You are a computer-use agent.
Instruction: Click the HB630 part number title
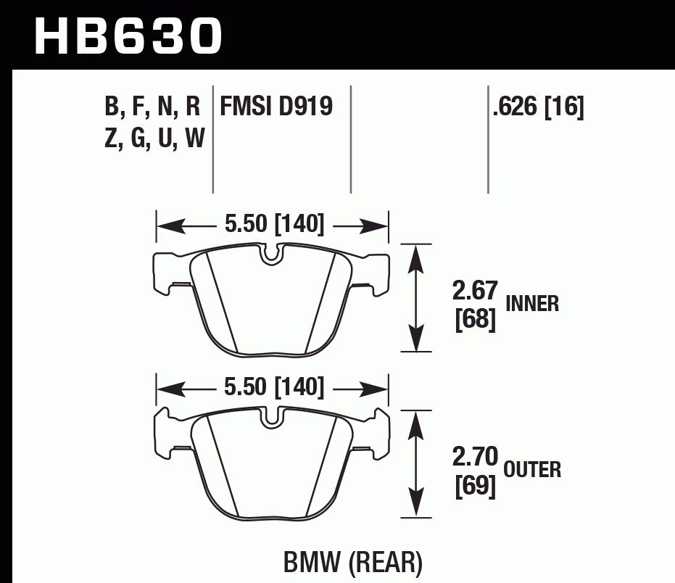click(128, 36)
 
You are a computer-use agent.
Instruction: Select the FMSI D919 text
click(276, 107)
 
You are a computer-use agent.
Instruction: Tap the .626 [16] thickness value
click(537, 107)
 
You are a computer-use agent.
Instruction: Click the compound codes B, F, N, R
click(152, 107)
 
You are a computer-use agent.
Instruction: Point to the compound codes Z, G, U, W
click(154, 137)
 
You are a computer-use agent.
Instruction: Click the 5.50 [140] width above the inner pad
click(273, 225)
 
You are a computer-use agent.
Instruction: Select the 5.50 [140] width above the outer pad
click(273, 388)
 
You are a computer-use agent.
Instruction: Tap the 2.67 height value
click(475, 291)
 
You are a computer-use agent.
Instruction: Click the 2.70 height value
click(475, 458)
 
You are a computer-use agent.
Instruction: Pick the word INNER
click(532, 303)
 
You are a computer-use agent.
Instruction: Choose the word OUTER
click(532, 470)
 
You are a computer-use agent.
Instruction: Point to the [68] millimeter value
click(475, 320)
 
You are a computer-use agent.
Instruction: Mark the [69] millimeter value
click(475, 487)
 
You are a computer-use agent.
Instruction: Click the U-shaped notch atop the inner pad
click(273, 254)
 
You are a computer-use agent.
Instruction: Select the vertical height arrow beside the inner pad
click(415, 297)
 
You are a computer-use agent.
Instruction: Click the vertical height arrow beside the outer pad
click(415, 463)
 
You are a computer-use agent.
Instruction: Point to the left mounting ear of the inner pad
click(165, 272)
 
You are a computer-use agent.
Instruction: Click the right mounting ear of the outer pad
click(378, 434)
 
